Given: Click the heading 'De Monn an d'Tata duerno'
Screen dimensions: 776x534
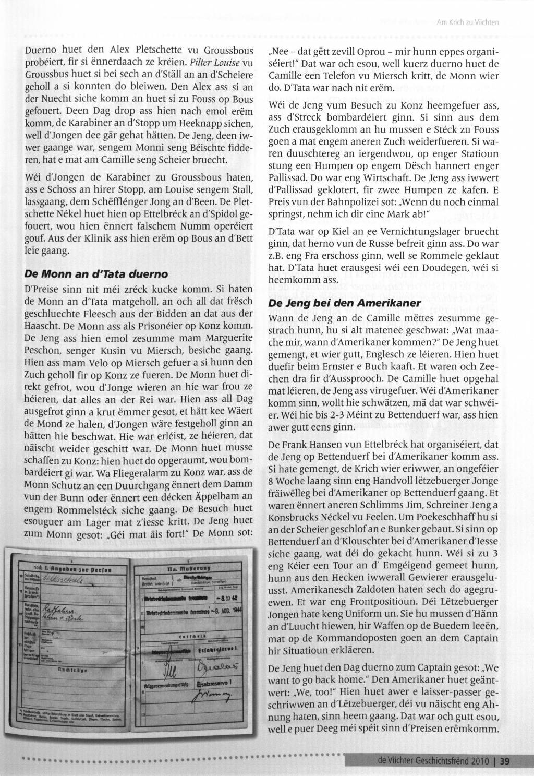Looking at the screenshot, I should (x=96, y=273).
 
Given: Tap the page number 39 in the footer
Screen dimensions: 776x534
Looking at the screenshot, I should (x=505, y=761).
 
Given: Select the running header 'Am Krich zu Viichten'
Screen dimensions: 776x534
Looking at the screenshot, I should (x=468, y=22).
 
